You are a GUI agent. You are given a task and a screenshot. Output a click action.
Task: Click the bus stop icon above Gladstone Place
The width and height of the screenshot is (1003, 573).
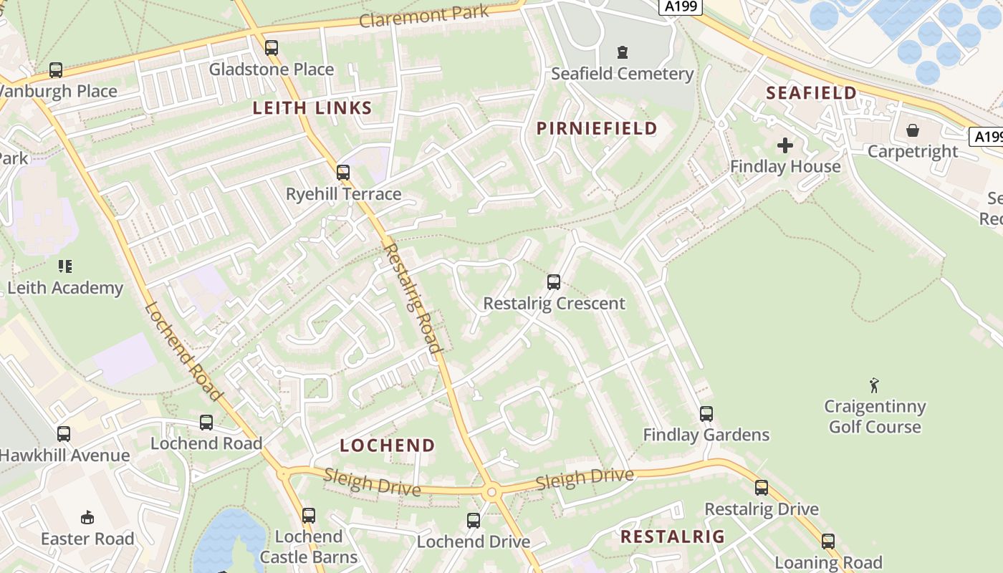[272, 48]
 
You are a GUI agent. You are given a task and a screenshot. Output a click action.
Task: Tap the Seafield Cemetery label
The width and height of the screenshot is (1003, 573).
[622, 74]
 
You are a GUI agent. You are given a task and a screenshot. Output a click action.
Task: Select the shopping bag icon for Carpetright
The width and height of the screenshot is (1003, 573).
[913, 130]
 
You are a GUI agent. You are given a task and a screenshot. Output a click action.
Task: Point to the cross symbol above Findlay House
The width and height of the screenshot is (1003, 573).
[785, 145]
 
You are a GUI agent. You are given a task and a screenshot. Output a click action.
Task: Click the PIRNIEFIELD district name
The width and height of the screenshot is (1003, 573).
[597, 128]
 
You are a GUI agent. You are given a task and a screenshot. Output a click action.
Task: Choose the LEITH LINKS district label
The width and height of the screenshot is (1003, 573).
[312, 108]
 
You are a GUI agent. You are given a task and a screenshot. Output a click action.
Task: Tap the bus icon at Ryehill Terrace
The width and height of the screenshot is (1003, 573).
[343, 173]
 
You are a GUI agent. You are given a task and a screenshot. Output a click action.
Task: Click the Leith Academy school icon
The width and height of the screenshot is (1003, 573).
[65, 266]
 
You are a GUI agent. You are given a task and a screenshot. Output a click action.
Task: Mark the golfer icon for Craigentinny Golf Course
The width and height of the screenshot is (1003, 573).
[874, 385]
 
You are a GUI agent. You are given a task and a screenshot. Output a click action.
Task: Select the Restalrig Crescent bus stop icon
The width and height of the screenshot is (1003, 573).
[554, 282]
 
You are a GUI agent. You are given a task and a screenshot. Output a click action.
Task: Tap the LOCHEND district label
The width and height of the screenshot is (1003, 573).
[388, 446]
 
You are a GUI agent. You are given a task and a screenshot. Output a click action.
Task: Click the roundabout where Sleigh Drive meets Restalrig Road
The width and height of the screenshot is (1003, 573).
[491, 492]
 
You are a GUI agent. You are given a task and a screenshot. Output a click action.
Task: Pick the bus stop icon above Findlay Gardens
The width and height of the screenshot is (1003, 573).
[706, 414]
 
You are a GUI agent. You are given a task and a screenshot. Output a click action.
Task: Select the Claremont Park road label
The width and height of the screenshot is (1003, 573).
[424, 16]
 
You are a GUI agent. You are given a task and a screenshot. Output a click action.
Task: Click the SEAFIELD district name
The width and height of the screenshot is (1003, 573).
[811, 92]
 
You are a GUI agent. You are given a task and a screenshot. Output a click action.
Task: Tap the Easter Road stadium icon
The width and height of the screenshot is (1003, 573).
[87, 517]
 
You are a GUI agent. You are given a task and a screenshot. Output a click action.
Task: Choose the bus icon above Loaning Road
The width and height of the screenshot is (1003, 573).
[828, 541]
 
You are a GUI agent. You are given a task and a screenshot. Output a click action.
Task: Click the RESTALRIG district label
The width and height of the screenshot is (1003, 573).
[672, 536]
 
